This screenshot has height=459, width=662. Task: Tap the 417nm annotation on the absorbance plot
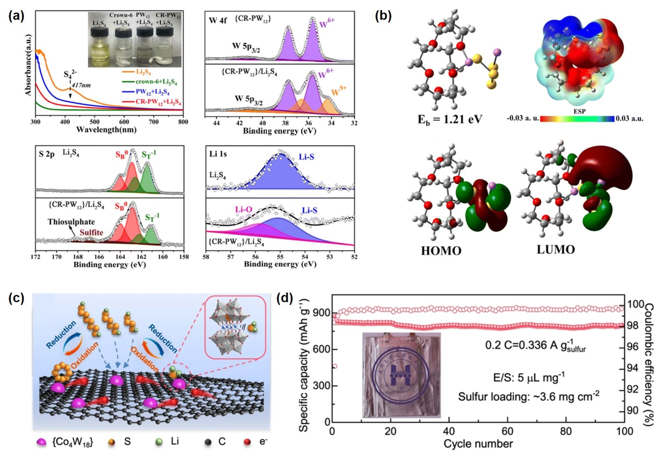pos(81,85)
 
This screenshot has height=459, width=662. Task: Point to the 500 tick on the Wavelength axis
pos(95,122)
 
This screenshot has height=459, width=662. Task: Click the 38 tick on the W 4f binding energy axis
pos(285,123)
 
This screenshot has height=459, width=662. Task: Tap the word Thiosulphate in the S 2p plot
pos(71,222)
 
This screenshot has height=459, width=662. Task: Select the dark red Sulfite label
pos(92,232)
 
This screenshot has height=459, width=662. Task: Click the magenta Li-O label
pos(244,209)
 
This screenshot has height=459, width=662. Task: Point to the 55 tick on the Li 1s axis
pos(280,257)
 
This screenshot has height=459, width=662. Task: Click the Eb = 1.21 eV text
pos(449,119)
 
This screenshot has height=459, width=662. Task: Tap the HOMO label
pos(441,251)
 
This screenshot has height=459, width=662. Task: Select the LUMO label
pos(556,250)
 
